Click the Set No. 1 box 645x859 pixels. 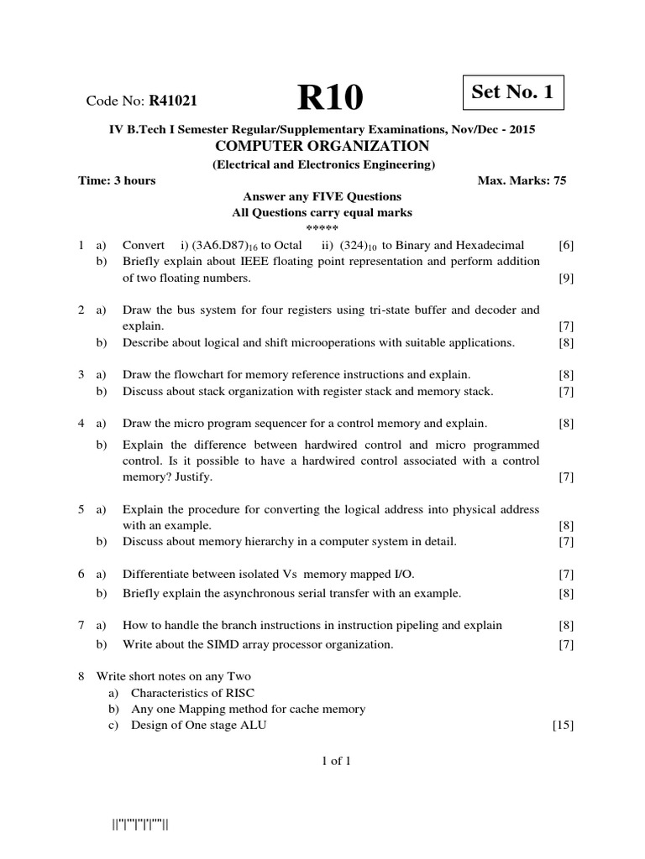(x=512, y=93)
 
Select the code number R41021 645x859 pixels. (x=173, y=102)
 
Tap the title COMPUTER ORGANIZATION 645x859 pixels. (x=323, y=146)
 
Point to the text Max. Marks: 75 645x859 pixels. (x=522, y=180)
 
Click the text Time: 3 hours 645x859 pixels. (x=117, y=180)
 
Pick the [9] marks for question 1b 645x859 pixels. (x=566, y=278)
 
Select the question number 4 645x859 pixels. (x=81, y=424)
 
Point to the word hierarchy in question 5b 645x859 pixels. (x=268, y=542)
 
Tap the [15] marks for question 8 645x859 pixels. (x=563, y=725)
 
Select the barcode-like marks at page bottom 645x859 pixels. (x=141, y=824)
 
